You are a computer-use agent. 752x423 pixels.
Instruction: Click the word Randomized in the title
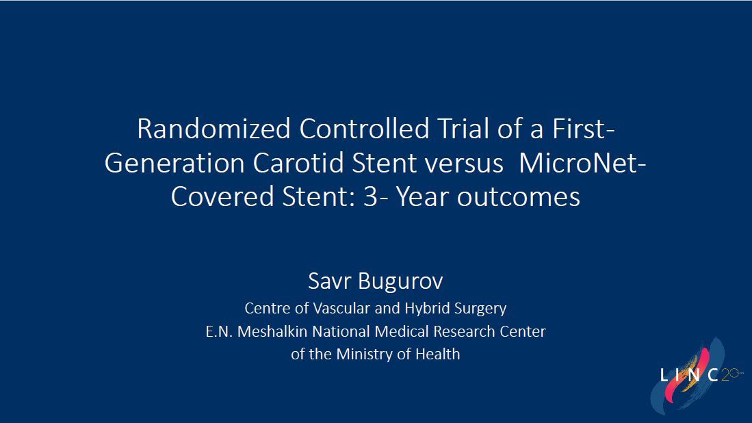(x=214, y=129)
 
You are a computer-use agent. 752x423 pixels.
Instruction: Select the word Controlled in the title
(x=364, y=129)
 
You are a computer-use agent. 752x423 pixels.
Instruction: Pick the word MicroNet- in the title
(x=583, y=163)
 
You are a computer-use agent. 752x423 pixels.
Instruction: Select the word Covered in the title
(x=222, y=196)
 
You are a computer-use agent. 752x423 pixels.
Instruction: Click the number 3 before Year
(x=370, y=196)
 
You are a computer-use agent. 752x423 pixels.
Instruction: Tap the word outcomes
(x=519, y=197)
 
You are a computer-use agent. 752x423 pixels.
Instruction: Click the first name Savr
(x=330, y=281)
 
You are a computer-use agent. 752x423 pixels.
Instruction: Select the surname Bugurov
(x=400, y=281)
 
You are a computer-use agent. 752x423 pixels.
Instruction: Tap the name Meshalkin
(x=272, y=331)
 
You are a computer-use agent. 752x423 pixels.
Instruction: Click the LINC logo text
(x=688, y=375)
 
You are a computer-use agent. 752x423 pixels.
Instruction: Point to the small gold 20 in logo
(x=729, y=374)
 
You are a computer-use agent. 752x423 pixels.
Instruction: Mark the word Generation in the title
(x=174, y=163)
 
